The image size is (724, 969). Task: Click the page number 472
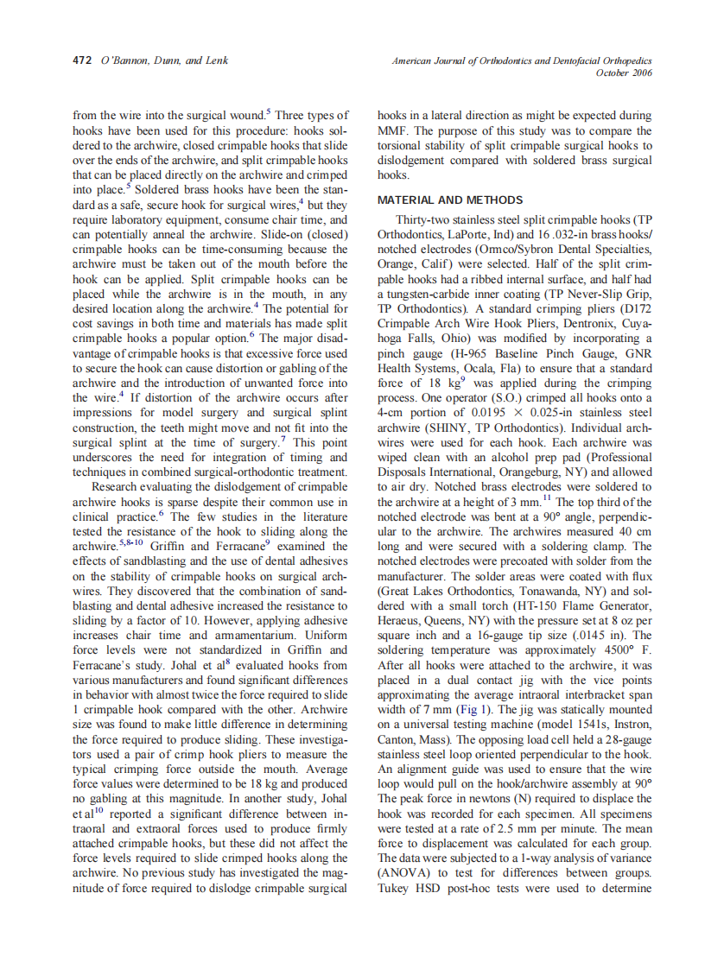coord(81,61)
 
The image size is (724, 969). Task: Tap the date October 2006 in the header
coord(624,73)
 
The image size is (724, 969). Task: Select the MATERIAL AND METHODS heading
coord(450,200)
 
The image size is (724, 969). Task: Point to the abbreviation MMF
coord(392,130)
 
